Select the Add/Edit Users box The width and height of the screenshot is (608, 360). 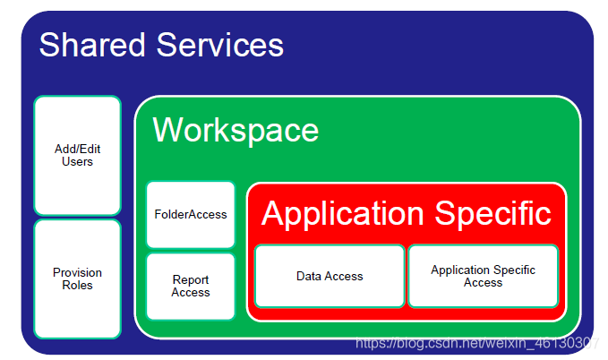click(77, 155)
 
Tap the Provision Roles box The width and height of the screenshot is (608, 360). click(77, 279)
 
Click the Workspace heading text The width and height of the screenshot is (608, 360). click(235, 130)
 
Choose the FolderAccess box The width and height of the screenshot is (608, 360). click(191, 215)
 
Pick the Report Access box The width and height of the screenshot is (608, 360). click(191, 286)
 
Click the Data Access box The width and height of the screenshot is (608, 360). click(330, 276)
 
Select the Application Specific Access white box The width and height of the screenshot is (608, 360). click(483, 276)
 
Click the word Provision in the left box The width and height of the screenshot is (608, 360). click(77, 272)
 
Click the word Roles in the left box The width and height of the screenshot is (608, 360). click(77, 285)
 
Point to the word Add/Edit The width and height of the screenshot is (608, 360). click(77, 149)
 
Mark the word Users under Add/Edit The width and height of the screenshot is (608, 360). click(77, 161)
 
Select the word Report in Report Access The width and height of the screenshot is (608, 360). click(191, 279)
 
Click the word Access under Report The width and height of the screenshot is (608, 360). click(191, 292)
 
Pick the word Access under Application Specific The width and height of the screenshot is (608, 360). click(483, 282)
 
